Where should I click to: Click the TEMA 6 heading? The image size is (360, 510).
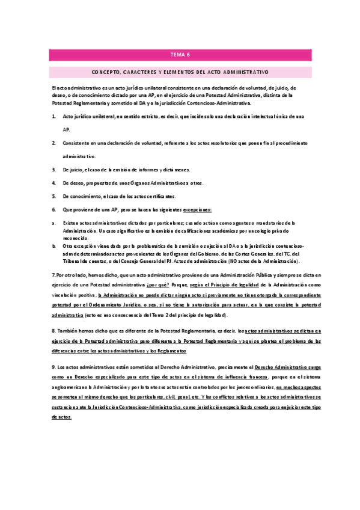[x=180, y=55]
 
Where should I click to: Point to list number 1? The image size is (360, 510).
[x=54, y=115]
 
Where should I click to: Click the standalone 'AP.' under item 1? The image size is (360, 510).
[x=67, y=129]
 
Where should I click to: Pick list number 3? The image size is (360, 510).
[x=54, y=170]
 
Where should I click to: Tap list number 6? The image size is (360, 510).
[x=54, y=209]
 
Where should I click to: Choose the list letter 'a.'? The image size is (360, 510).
[x=54, y=223]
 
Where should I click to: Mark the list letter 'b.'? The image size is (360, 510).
[x=54, y=246]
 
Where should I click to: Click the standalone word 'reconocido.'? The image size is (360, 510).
[x=76, y=238]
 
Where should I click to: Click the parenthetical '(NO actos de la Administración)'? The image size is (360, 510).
[x=273, y=261]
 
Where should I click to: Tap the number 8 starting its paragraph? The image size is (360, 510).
[x=53, y=331]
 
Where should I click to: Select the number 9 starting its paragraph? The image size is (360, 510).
[x=53, y=366]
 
